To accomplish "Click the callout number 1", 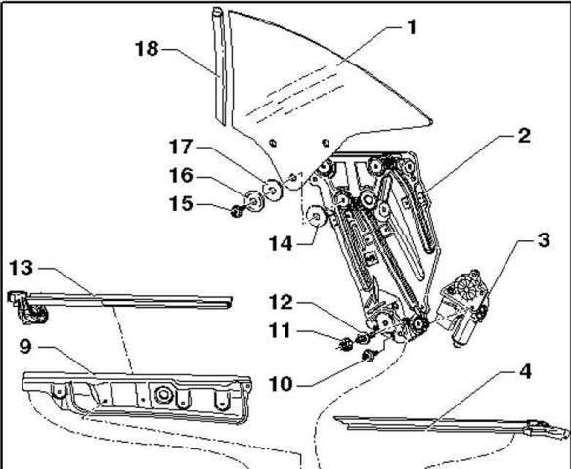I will click(x=412, y=27).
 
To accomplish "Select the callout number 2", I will click(x=525, y=137).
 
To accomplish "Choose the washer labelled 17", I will click(x=273, y=189).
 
